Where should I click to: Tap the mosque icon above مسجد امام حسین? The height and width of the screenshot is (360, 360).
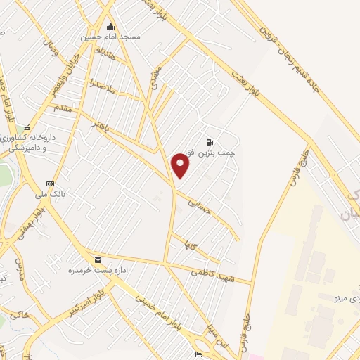coord(110,27)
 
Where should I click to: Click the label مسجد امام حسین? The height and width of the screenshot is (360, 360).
coord(112,36)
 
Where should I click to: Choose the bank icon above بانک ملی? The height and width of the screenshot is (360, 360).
coord(50,184)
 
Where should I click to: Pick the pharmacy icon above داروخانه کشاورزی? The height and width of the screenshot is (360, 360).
coord(27,129)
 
